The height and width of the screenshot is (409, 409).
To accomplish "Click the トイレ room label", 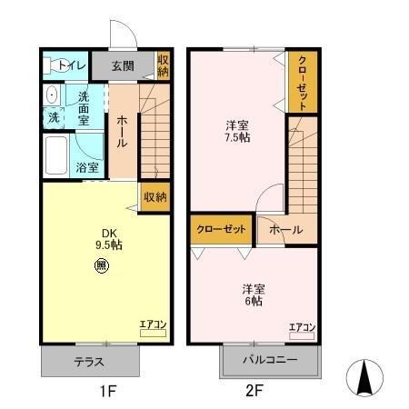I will click(71, 65).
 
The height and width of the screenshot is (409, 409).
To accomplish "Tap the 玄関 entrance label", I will click(125, 65).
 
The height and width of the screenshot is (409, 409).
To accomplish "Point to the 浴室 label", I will click(87, 167).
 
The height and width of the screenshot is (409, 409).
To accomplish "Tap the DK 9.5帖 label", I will click(109, 239).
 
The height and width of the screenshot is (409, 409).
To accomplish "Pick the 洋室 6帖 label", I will click(253, 295).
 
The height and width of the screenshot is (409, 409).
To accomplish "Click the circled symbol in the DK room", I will click(101, 266).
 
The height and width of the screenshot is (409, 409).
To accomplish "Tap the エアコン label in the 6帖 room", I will click(302, 327).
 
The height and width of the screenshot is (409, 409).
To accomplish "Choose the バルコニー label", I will click(270, 361).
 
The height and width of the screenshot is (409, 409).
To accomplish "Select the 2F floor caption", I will click(253, 393).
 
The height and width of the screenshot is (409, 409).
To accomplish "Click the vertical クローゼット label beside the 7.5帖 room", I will click(303, 81).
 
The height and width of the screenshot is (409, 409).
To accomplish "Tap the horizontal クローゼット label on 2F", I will click(222, 229).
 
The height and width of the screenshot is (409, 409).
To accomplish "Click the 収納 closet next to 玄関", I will click(163, 65).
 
